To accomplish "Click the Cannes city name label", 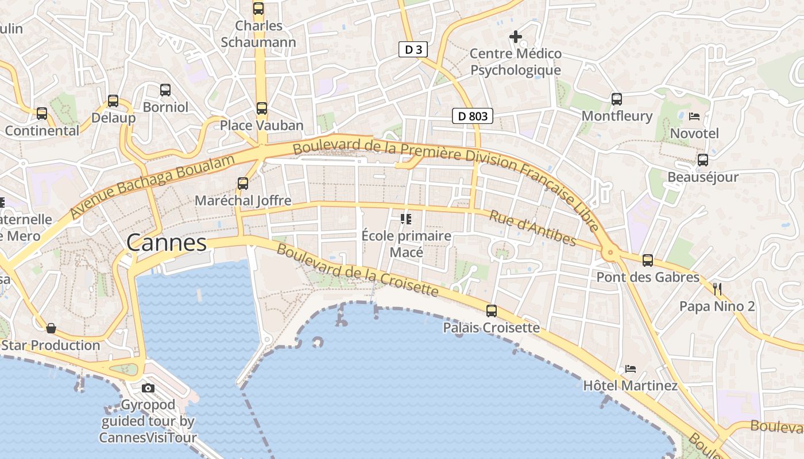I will [x=167, y=243].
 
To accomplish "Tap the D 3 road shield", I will [x=413, y=49].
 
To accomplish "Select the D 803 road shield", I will [x=473, y=116].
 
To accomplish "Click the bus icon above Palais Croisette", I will [x=492, y=311].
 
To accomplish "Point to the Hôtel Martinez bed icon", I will [x=631, y=368].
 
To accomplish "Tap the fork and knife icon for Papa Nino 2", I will [x=717, y=289].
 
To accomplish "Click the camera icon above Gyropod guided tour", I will [x=148, y=388].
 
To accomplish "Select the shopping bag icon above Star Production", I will [x=51, y=328].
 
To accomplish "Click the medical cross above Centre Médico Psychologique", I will [x=516, y=37].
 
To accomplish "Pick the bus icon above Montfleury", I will [x=617, y=99].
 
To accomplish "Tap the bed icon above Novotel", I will [x=694, y=116].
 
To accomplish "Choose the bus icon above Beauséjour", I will [x=702, y=160].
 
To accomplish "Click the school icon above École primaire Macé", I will [x=407, y=219].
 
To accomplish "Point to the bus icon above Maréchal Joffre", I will [x=243, y=184].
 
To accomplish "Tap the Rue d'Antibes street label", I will [x=532, y=228].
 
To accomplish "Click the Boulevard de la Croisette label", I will [x=357, y=270].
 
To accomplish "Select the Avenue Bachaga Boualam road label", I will [x=153, y=186].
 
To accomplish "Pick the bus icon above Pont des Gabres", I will [x=648, y=260].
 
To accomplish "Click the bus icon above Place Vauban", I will [x=262, y=108].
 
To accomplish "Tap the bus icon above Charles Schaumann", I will [x=258, y=9].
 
